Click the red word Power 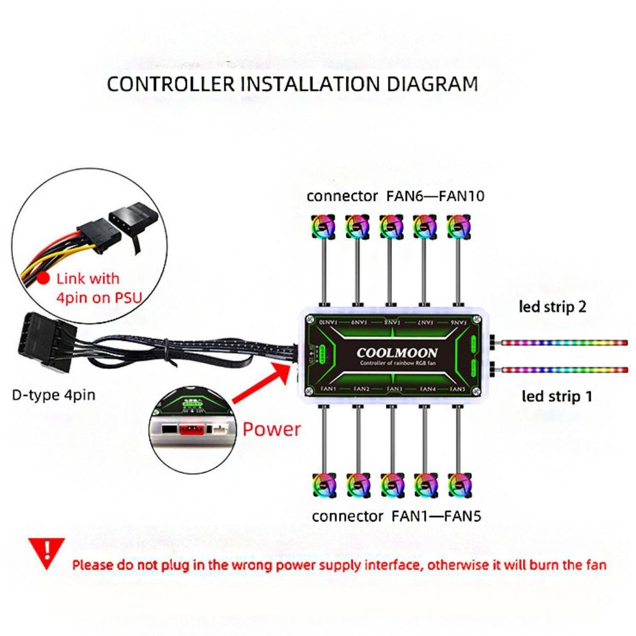point(272,429)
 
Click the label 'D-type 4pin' point(54,395)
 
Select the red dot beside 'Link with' point(43,278)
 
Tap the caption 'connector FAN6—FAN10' point(395,196)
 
